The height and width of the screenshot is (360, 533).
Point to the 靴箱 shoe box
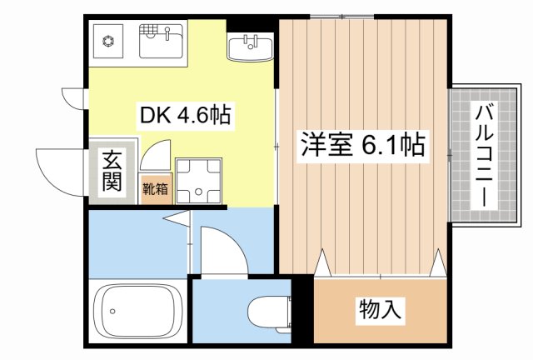(x=156, y=189)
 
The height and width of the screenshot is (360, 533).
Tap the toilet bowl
(x=267, y=311)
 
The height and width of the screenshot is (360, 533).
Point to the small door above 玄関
(x=73, y=98)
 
